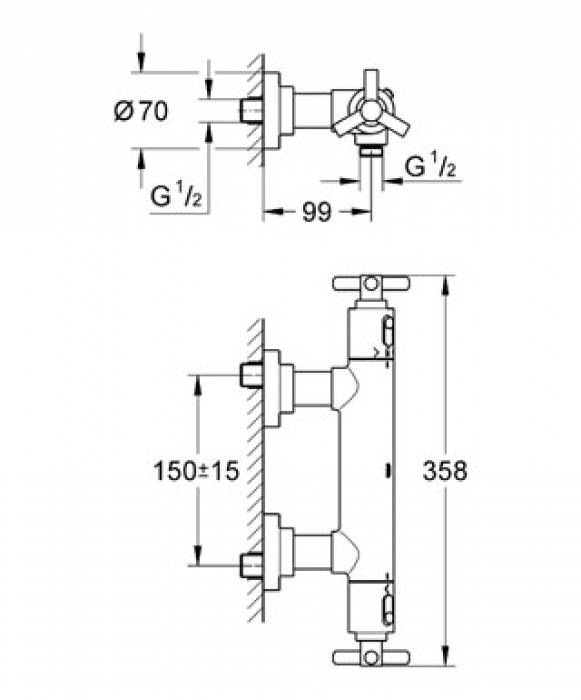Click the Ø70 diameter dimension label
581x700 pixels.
pos(141,110)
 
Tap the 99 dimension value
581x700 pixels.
pos(317,212)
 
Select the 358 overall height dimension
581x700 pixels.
pos(445,471)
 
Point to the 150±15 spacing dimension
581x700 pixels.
pos(196,471)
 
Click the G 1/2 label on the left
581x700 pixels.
pos(176,196)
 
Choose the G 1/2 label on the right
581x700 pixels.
pos(430,167)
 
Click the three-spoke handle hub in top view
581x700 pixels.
pos(371,111)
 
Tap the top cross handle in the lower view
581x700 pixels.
pos(371,284)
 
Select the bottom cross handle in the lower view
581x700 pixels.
pos(371,657)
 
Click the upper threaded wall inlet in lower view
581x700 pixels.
pos(251,375)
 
